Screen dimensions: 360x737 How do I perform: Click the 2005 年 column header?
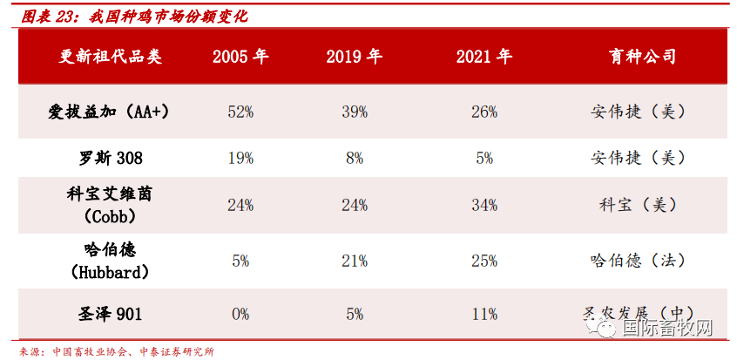pos(240,58)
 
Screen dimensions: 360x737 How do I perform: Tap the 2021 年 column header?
pos(484,58)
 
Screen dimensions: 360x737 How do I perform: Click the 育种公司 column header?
pos(643,58)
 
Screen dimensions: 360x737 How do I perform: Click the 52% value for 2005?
pos(240,112)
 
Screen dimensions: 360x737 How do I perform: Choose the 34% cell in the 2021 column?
pos(484,206)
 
